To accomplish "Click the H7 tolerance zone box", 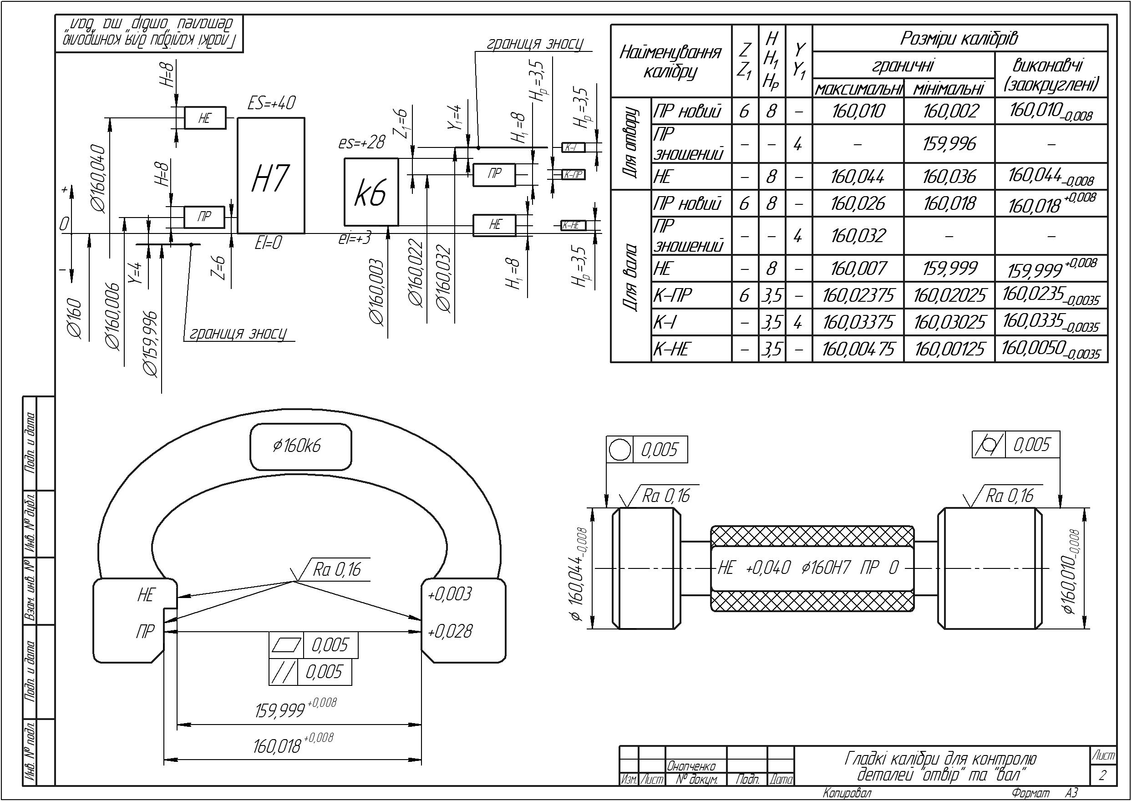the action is [271, 176].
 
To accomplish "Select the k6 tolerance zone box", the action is [371, 192].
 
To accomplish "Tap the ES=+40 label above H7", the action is [271, 103].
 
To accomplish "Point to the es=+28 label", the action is [361, 142].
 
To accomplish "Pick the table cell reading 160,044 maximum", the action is [858, 177].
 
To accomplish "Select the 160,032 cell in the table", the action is [858, 236].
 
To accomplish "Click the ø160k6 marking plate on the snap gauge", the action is [301, 446].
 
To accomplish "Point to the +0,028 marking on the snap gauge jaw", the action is [449, 631].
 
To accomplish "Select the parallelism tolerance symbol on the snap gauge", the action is [283, 672].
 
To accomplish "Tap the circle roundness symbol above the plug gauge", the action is [619, 449].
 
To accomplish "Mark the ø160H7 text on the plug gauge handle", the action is [826, 568].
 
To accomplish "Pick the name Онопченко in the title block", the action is [691, 766].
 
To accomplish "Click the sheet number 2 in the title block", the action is [1102, 776].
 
